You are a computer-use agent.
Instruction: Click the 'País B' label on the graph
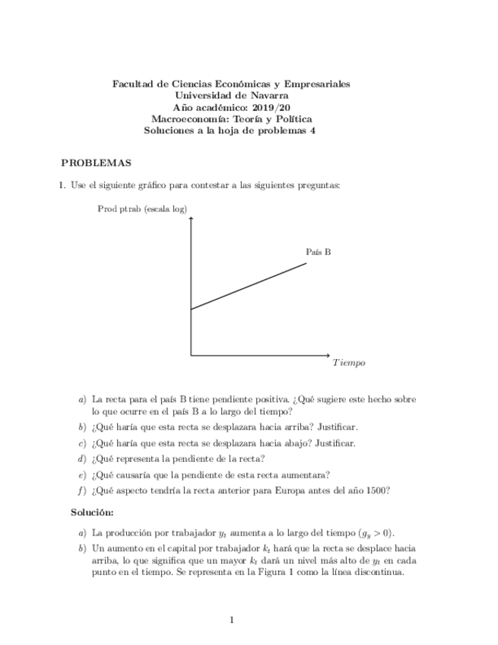tap(319, 252)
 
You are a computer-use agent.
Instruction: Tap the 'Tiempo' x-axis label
tap(349, 363)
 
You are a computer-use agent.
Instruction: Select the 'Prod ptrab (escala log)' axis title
tap(142, 208)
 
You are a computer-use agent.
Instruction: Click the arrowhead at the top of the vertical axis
tap(190, 219)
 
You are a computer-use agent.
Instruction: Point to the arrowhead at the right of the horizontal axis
tap(328, 355)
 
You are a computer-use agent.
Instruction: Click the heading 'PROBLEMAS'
tap(96, 163)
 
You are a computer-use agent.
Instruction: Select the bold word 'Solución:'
tap(92, 513)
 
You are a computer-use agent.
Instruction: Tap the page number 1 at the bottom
tap(231, 620)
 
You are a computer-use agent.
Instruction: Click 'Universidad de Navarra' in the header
tap(232, 96)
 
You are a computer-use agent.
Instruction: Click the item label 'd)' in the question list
tap(82, 459)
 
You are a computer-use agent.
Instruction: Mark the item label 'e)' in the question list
tap(82, 475)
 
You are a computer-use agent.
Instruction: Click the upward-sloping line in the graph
tap(249, 286)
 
